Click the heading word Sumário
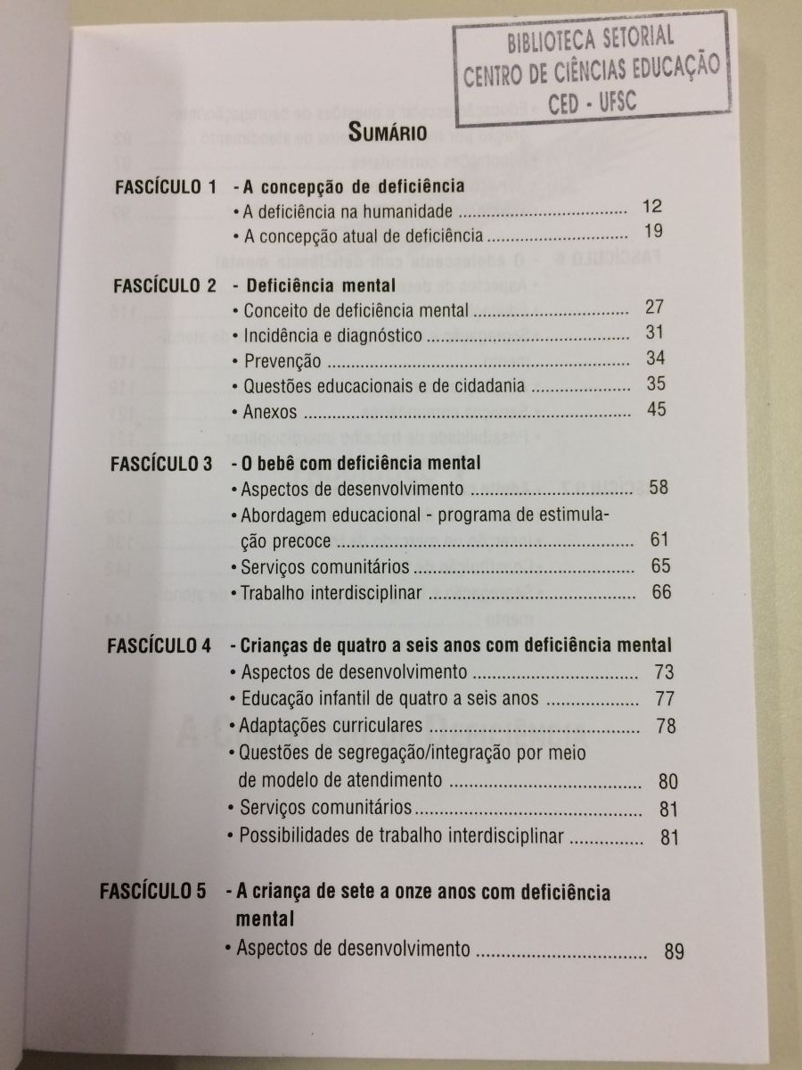(x=388, y=134)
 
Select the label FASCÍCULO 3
(x=161, y=464)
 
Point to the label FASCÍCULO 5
(x=153, y=891)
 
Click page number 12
(x=651, y=207)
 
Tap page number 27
(x=655, y=308)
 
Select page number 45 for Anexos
(x=657, y=411)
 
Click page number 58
(x=659, y=488)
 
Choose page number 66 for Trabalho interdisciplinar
(x=661, y=592)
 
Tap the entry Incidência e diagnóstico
(x=332, y=336)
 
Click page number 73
(x=664, y=671)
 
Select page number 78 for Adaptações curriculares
(x=666, y=726)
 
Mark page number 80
(x=668, y=782)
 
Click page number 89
(x=675, y=951)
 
